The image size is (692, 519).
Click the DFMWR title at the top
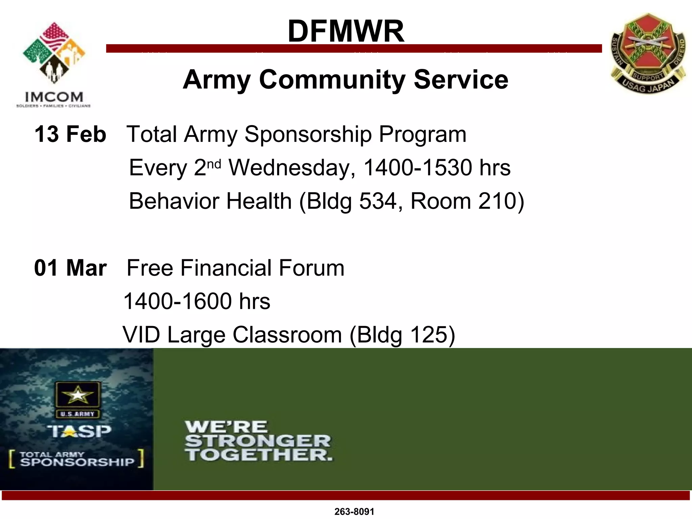click(x=346, y=31)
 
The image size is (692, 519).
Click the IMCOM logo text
click(x=54, y=97)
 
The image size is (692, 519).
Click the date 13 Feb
click(x=70, y=134)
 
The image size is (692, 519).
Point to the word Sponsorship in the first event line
click(x=308, y=134)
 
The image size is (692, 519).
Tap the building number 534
click(x=378, y=201)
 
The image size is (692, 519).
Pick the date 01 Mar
click(x=70, y=268)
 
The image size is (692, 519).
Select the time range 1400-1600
click(x=178, y=301)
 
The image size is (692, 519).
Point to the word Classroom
click(x=287, y=335)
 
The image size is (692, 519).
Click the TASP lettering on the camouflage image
click(x=79, y=431)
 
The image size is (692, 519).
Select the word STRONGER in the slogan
click(x=257, y=441)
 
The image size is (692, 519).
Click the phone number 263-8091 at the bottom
click(x=354, y=512)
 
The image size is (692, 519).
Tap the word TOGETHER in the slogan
click(x=258, y=455)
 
